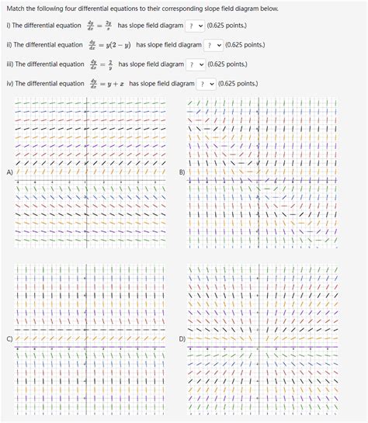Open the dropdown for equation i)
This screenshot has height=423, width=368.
195,26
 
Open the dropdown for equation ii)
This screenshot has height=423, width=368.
214,45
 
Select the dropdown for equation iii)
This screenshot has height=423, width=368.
196,64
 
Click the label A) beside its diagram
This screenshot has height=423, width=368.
9,172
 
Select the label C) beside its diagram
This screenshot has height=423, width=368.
9,339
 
